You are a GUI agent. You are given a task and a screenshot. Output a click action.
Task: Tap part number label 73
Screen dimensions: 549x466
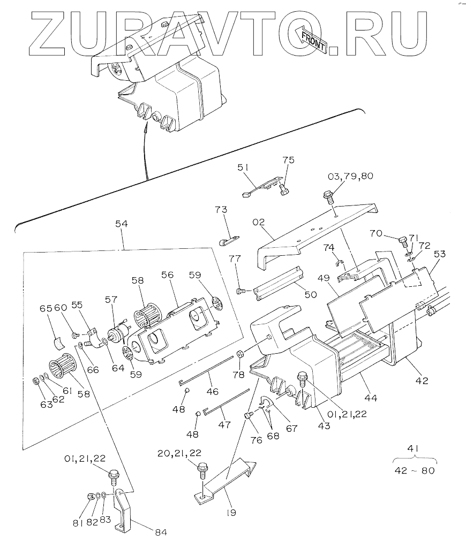point(221,209)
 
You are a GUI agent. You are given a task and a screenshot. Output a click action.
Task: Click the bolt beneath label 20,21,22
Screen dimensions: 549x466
point(202,469)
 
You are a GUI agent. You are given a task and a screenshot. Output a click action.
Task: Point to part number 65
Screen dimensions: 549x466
point(46,309)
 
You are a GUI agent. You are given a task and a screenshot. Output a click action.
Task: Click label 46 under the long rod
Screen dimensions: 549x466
point(212,391)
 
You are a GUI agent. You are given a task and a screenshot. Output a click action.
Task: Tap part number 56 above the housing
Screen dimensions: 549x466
point(168,274)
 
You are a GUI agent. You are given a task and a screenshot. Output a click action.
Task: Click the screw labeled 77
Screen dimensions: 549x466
point(242,291)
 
